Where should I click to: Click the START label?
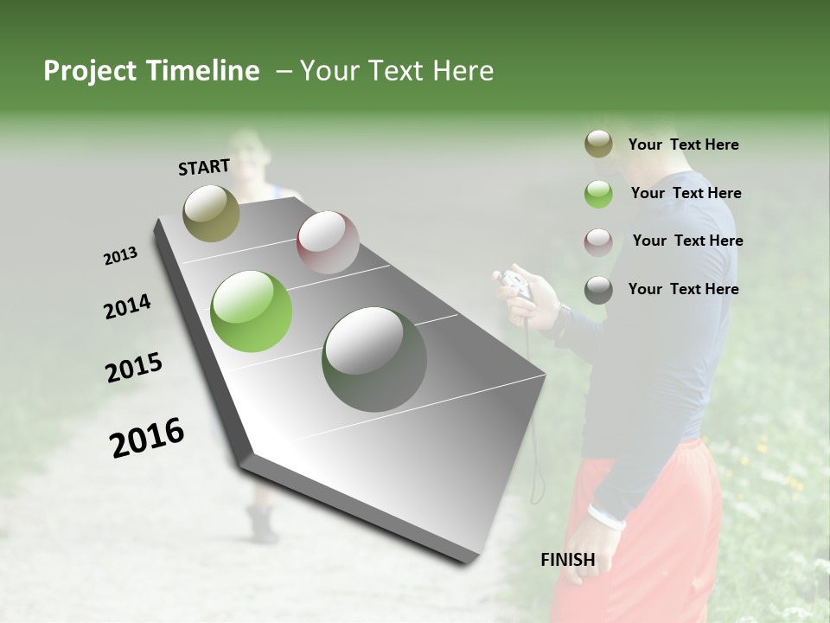[204, 167]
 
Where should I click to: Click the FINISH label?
[568, 560]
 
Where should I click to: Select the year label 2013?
[121, 256]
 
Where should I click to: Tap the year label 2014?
[127, 307]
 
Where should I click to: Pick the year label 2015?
[134, 369]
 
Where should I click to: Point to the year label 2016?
[147, 438]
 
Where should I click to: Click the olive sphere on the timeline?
[211, 213]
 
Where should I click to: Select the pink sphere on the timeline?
[328, 242]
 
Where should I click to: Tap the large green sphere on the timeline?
[252, 311]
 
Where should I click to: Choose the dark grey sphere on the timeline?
[373, 359]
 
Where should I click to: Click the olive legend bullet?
[598, 145]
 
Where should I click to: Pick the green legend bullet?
[598, 194]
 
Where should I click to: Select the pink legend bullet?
[598, 241]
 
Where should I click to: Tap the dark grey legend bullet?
[598, 290]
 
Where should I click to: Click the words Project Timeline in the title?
[151, 71]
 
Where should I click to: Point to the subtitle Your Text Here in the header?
[397, 71]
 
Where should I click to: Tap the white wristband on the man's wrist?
[606, 518]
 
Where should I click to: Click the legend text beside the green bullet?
[686, 193]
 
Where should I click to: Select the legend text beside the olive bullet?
[683, 145]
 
